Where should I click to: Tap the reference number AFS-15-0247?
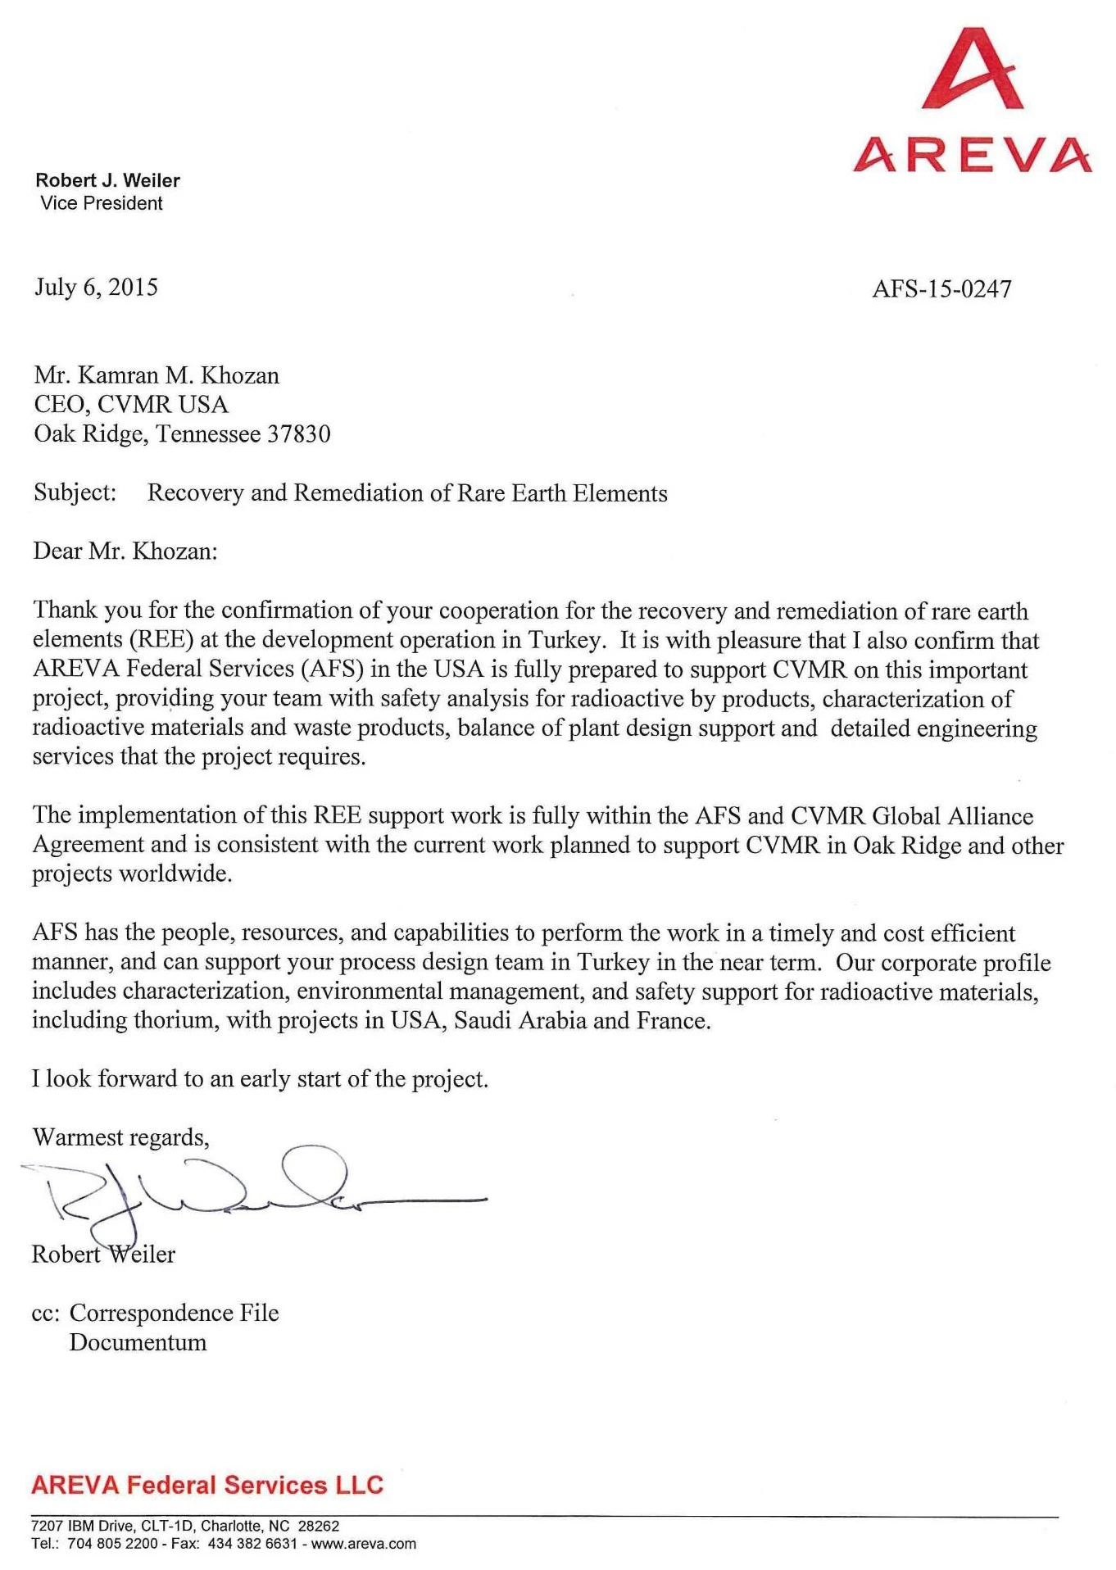941,288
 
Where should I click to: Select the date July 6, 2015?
96,287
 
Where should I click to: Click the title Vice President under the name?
102,203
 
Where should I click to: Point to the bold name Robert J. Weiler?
107,180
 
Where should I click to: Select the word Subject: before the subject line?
75,492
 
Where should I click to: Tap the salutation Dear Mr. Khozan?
125,551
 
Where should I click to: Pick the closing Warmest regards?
120,1137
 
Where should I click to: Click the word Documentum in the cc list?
138,1342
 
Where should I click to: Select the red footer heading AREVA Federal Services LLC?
207,1485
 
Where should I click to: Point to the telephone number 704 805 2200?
113,1544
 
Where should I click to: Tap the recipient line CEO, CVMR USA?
131,404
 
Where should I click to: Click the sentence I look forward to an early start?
260,1078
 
